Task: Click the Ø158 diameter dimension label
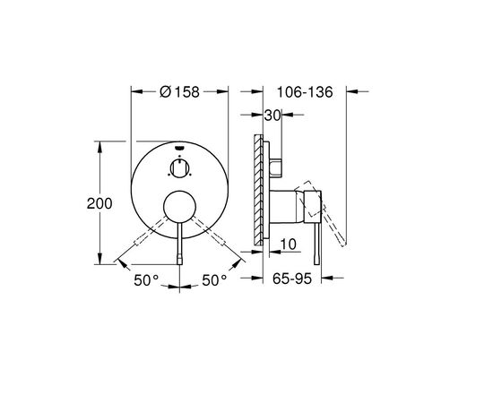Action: tap(179, 92)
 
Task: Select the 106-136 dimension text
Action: tap(305, 92)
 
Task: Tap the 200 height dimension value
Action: tap(99, 203)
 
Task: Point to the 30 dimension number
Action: tap(272, 116)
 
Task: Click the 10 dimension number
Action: tap(288, 244)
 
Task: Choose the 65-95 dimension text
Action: tap(292, 279)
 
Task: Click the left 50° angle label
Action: tap(146, 280)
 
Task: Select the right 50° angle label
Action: tap(214, 280)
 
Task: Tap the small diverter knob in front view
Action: tap(179, 168)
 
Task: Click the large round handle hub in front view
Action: tap(180, 207)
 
